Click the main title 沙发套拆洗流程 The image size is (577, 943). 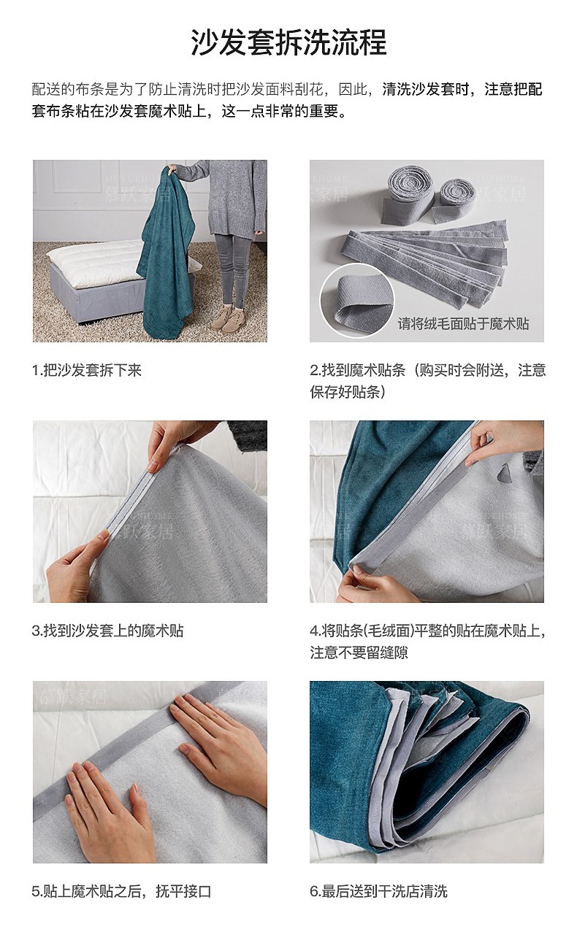[288, 42]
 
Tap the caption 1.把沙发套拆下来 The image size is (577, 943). [87, 371]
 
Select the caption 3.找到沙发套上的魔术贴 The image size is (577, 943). [108, 631]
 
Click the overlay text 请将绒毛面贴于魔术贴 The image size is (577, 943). [463, 323]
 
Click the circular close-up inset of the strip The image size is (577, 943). [357, 301]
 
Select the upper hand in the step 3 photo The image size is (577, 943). [177, 442]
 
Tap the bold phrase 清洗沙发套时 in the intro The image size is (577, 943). [428, 90]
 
